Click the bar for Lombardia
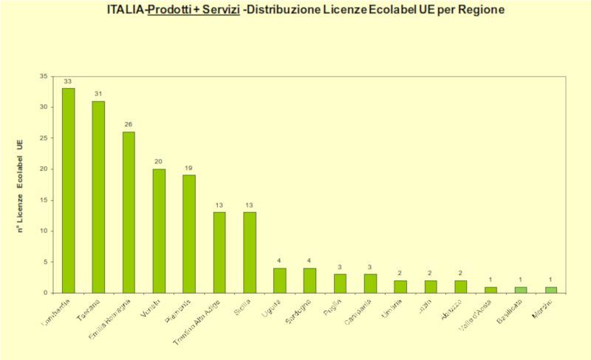68,190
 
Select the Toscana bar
98,197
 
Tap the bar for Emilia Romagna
129,212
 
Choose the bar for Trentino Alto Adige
219,252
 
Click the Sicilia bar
250,252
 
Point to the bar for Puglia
341,283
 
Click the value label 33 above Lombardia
68,81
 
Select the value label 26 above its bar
129,125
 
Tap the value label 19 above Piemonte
189,168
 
